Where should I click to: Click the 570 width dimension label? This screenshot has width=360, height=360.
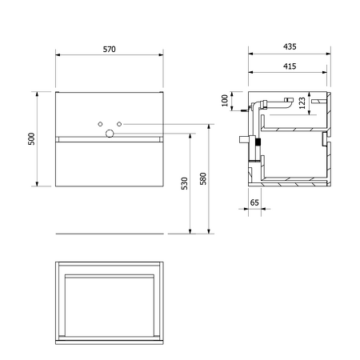coord(110,50)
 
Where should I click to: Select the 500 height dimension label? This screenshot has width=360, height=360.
coord(31,138)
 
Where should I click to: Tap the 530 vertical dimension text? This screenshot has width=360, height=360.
coord(184,183)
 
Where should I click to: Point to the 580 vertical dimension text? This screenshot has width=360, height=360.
coord(203,178)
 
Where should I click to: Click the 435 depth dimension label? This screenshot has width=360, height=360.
coord(290,46)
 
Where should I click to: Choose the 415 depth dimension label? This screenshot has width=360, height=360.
coord(290,66)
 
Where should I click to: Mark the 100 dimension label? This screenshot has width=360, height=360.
coord(225,101)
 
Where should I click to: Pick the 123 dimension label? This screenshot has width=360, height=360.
coord(302,103)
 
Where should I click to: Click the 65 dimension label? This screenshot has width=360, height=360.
coord(254,202)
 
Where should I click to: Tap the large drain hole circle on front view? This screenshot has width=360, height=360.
coord(110,134)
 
